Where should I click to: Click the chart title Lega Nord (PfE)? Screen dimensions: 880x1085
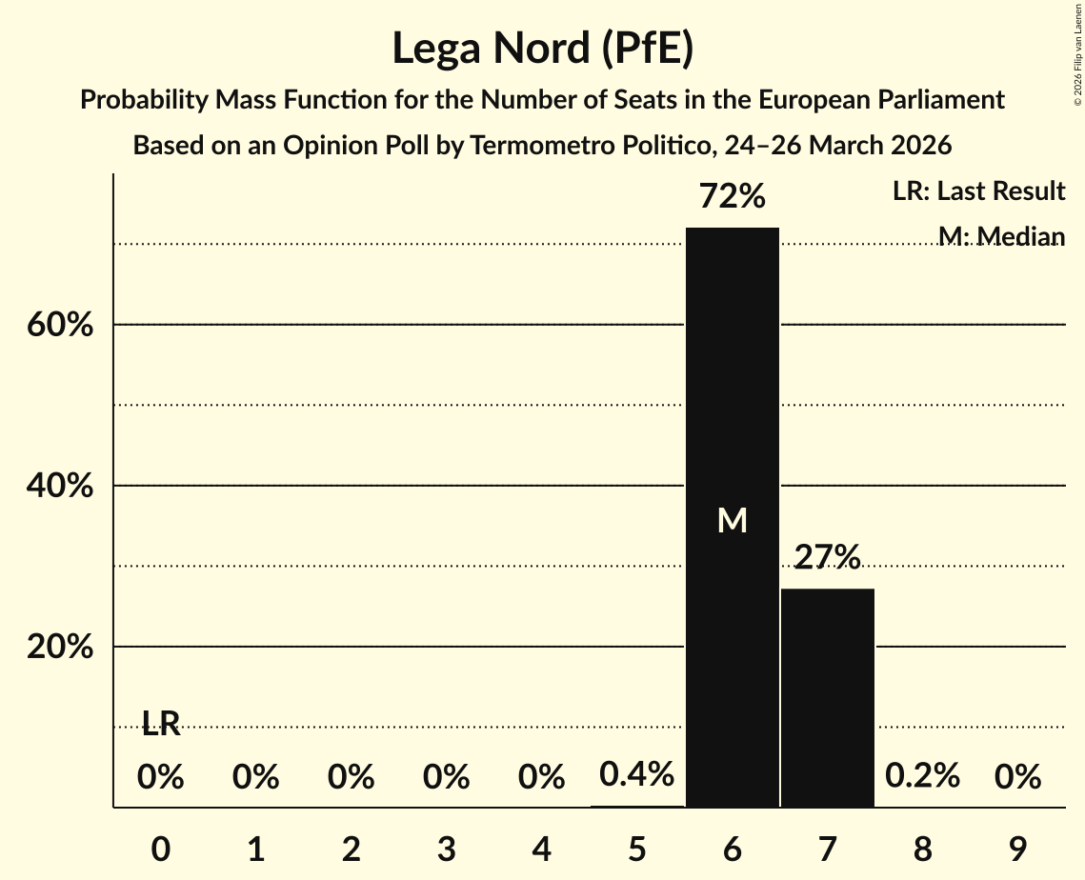pyautogui.click(x=542, y=49)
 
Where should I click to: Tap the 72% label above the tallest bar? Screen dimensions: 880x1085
pyautogui.click(x=733, y=197)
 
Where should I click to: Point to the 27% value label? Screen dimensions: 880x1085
pyautogui.click(x=827, y=558)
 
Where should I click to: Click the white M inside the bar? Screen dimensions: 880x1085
pyautogui.click(x=733, y=520)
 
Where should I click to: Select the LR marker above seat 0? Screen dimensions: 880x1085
pyautogui.click(x=161, y=724)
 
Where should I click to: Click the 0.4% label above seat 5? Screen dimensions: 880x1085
pyautogui.click(x=637, y=774)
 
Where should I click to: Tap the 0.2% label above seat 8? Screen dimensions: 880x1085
pyautogui.click(x=922, y=777)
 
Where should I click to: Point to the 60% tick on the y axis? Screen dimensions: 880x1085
pyautogui.click(x=60, y=325)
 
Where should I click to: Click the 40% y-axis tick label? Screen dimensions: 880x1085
pyautogui.click(x=60, y=487)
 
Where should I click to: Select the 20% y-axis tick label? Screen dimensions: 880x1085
pyautogui.click(x=60, y=648)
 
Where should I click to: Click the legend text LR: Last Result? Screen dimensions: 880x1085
pyautogui.click(x=978, y=191)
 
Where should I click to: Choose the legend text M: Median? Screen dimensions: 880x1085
pyautogui.click(x=1001, y=236)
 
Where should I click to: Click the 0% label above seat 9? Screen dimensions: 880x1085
pyautogui.click(x=1017, y=778)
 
